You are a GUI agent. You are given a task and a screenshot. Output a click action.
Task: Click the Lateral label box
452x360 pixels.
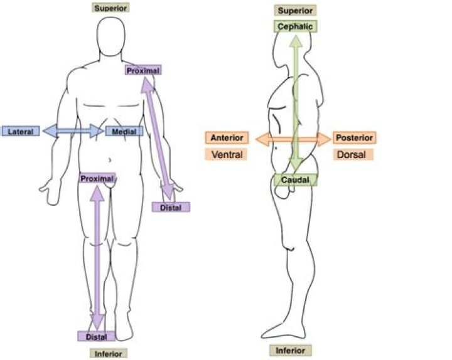tap(21, 131)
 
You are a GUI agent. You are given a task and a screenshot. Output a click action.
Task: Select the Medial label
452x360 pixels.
tap(124, 131)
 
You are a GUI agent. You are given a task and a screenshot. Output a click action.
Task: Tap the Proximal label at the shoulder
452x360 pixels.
tap(143, 70)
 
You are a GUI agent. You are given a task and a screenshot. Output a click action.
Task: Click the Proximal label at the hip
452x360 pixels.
tap(97, 179)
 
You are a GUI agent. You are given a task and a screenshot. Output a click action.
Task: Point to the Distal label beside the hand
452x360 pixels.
tap(171, 208)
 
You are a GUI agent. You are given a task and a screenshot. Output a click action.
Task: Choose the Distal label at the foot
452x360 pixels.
tap(97, 336)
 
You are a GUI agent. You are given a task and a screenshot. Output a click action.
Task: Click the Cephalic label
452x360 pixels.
tap(295, 26)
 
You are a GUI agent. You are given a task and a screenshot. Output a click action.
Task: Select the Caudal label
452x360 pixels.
tap(296, 180)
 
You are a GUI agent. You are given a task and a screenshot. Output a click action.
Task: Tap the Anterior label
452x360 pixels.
tap(227, 137)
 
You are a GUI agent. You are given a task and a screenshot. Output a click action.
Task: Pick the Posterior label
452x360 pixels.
tap(355, 137)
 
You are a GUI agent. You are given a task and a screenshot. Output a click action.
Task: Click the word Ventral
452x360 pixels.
tap(227, 155)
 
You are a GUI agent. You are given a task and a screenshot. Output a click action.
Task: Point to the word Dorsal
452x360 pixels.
tap(352, 155)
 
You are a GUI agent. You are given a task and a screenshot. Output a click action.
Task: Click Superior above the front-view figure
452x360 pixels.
tap(110, 8)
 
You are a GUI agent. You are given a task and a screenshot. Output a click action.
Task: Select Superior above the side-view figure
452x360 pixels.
tap(295, 11)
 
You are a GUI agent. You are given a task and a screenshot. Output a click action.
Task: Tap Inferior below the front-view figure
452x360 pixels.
tap(109, 354)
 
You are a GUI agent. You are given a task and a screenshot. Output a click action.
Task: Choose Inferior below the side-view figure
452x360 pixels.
tap(291, 351)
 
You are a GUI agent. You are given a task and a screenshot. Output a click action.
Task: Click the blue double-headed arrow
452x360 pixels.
tap(73, 131)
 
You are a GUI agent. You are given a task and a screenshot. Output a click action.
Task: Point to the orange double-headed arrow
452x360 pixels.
tap(293, 140)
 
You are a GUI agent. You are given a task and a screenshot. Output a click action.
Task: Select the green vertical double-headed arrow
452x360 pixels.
tap(296, 102)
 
